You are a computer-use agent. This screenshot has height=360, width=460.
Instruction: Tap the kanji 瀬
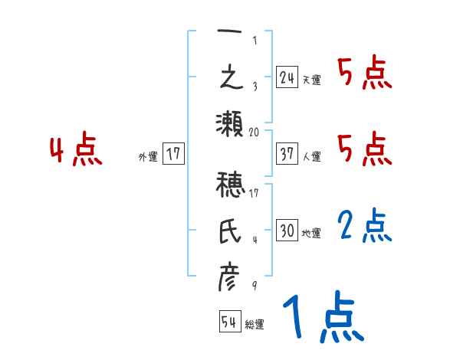point(229,123)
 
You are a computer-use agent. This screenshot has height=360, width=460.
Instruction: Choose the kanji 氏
point(229,231)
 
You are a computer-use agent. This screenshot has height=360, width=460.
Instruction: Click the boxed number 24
point(287,77)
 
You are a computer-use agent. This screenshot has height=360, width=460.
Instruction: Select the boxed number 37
point(287,153)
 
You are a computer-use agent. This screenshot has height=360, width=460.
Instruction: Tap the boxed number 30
point(287,231)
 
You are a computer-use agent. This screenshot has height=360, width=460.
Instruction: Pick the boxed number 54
point(229,322)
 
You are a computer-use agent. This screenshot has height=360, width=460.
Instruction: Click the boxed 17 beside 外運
point(173,154)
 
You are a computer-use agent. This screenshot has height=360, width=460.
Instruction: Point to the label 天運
point(311,80)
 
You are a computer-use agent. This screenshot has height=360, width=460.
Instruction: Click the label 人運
point(311,156)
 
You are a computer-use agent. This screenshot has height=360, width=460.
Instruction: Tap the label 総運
point(255,325)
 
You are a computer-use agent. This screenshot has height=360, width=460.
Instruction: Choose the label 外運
point(148,156)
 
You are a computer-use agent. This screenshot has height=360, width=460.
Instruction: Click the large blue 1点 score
point(323,318)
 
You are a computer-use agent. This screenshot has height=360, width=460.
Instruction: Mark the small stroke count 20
point(255,132)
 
